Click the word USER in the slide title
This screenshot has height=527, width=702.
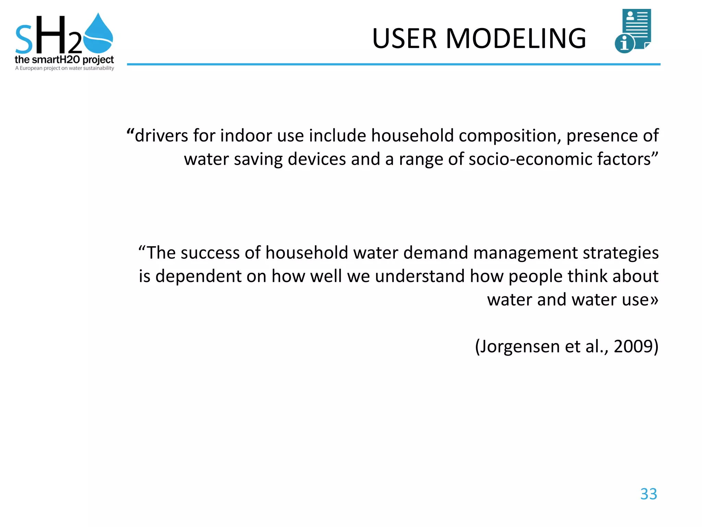[x=404, y=38]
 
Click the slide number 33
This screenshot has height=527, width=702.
[x=649, y=494]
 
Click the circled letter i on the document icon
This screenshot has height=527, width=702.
[x=624, y=44]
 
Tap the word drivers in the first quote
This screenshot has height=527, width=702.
[x=161, y=136]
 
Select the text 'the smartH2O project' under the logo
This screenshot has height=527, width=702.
[x=64, y=60]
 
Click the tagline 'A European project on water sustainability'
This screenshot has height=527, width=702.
[x=64, y=68]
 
